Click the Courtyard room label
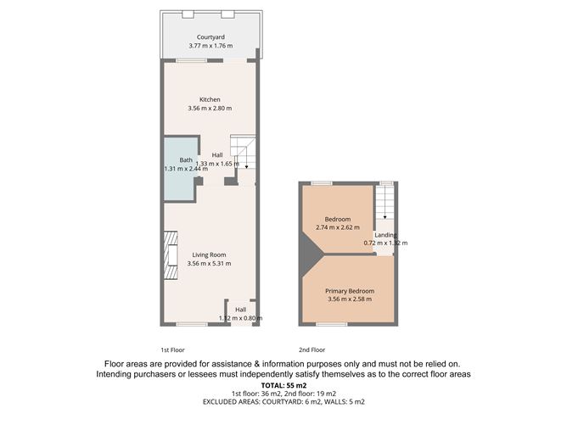pyautogui.click(x=210, y=37)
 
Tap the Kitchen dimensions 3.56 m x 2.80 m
pyautogui.click(x=210, y=109)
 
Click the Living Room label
pyautogui.click(x=209, y=254)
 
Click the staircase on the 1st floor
pyautogui.click(x=244, y=154)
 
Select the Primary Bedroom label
pyautogui.click(x=350, y=291)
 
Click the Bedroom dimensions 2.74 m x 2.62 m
pyautogui.click(x=337, y=227)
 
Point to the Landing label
pyautogui.click(x=386, y=235)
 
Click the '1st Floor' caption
pyautogui.click(x=172, y=350)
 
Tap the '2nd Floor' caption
pyautogui.click(x=312, y=350)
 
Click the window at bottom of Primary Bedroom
pyautogui.click(x=331, y=324)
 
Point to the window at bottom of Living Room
pyautogui.click(x=193, y=324)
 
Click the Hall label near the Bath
pyautogui.click(x=217, y=155)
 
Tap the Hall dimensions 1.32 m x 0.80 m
pyautogui.click(x=241, y=318)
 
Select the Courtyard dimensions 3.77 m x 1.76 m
pyautogui.click(x=210, y=46)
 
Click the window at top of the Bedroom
pyautogui.click(x=320, y=182)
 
